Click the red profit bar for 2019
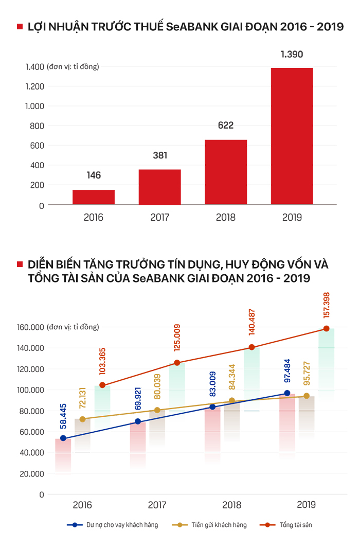tap(292, 136)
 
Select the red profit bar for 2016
tap(94, 197)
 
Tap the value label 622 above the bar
tap(225, 126)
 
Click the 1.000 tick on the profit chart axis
tap(34, 106)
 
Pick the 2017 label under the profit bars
tap(159, 218)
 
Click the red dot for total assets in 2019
tap(326, 329)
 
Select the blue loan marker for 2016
tap(63, 438)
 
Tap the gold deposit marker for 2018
tap(232, 401)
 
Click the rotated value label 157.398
tap(327, 304)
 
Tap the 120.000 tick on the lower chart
tap(31, 369)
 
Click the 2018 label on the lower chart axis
tap(232, 505)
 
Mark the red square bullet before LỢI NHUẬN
tap(20, 27)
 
